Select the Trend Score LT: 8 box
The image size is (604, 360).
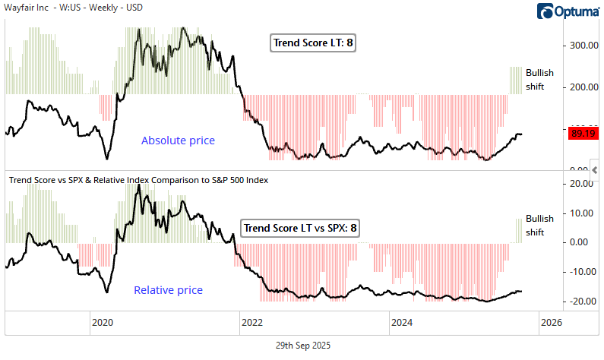[313, 43]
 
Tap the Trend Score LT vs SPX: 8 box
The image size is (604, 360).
[300, 227]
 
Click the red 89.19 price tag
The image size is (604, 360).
[583, 134]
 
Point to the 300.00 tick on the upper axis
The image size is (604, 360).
[583, 45]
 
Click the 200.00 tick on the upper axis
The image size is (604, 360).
[583, 87]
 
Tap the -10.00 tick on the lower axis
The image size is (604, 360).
[583, 272]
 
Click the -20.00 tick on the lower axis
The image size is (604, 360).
[583, 301]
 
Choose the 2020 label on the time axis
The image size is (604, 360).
[103, 322]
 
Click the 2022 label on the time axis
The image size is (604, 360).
[251, 322]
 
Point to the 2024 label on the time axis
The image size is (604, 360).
[402, 322]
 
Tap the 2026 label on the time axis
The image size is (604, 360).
[551, 322]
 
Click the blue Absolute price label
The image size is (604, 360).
[178, 141]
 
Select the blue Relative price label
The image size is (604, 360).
[169, 290]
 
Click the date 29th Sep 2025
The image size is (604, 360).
[302, 345]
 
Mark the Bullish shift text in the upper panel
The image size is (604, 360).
[539, 80]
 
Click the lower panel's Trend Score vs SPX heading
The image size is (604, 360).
[138, 180]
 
